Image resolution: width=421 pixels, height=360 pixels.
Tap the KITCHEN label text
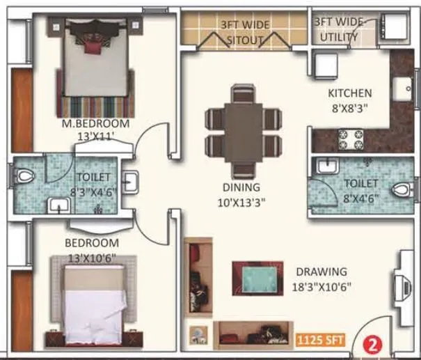(x=349, y=93)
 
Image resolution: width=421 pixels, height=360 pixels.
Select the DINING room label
(x=241, y=187)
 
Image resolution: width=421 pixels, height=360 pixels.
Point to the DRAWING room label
(x=321, y=271)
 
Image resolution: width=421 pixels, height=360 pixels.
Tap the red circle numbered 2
(x=374, y=343)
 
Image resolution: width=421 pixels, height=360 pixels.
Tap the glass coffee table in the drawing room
(x=258, y=279)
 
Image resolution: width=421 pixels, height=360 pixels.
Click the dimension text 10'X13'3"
(x=241, y=202)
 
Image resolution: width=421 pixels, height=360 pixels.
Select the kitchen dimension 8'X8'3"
(x=349, y=107)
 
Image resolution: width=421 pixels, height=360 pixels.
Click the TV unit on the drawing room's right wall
(x=402, y=285)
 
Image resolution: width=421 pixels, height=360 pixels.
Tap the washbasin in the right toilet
(x=325, y=166)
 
